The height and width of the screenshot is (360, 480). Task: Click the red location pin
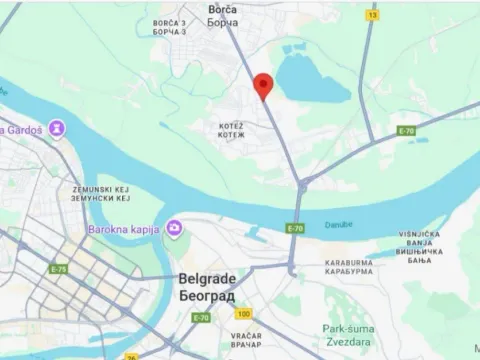(x=263, y=85)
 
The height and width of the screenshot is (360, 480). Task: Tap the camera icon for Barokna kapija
(x=174, y=228)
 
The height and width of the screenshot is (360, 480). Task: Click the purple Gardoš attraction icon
(x=58, y=129)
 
